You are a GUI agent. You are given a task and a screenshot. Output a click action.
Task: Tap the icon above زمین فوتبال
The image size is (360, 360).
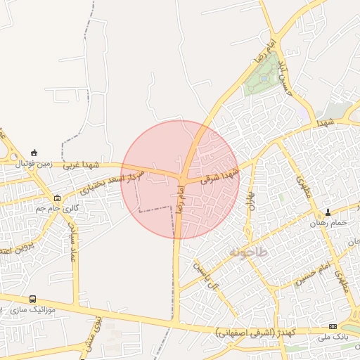point(34,153)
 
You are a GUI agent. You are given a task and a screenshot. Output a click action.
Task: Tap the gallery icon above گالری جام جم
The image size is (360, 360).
point(57,198)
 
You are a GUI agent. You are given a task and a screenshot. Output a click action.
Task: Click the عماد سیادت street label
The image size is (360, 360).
point(72,243)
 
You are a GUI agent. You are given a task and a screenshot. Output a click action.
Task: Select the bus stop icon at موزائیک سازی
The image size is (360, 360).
point(32,299)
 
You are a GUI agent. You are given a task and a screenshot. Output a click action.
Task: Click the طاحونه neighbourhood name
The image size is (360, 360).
point(248,251)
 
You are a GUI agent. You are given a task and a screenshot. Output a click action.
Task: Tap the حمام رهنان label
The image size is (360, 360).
point(329,223)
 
